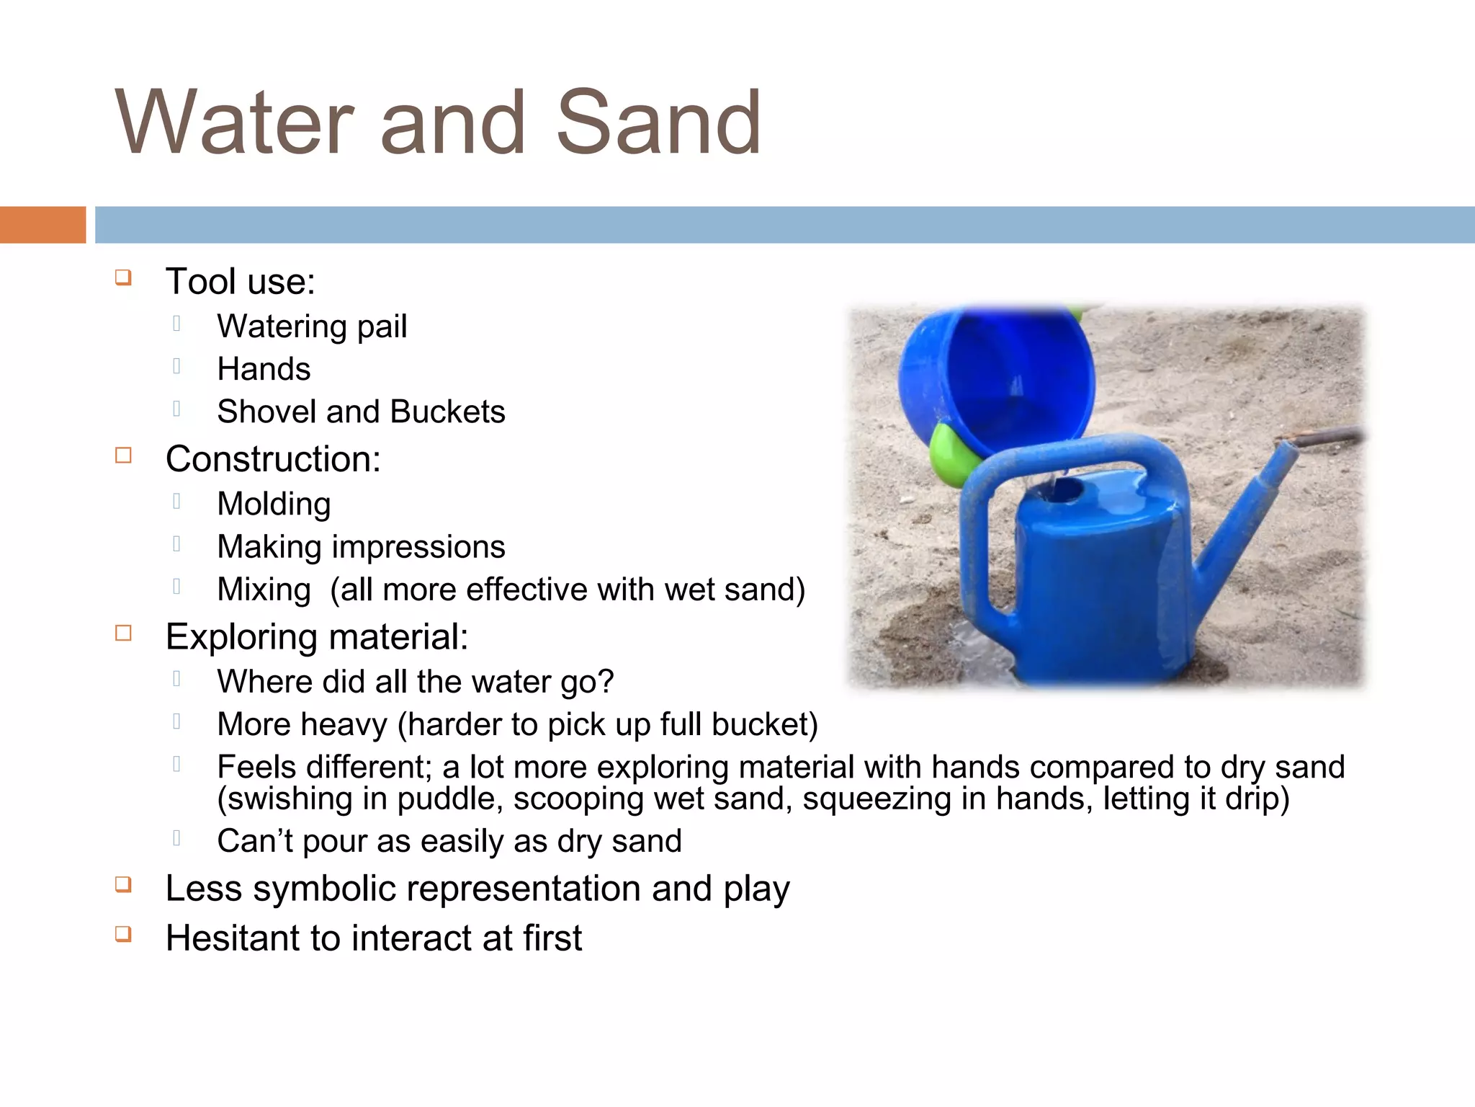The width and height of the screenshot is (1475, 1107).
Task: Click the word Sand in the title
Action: pos(658,123)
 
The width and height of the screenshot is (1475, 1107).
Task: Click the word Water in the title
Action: pos(235,123)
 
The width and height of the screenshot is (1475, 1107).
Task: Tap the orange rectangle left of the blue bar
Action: pos(42,225)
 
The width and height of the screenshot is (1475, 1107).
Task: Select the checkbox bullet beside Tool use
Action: pos(123,277)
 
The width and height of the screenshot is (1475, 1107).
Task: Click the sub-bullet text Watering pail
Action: pos(312,326)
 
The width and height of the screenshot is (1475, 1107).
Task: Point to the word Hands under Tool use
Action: pos(264,369)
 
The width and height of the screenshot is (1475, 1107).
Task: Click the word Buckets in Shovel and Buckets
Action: pos(447,412)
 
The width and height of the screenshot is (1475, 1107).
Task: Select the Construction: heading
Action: pos(273,459)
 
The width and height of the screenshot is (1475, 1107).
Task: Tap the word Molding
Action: pos(274,504)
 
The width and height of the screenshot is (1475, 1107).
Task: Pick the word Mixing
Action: pos(264,590)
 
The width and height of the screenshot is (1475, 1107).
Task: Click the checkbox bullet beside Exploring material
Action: pos(123,633)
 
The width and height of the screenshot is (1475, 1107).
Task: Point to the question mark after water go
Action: pos(606,681)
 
